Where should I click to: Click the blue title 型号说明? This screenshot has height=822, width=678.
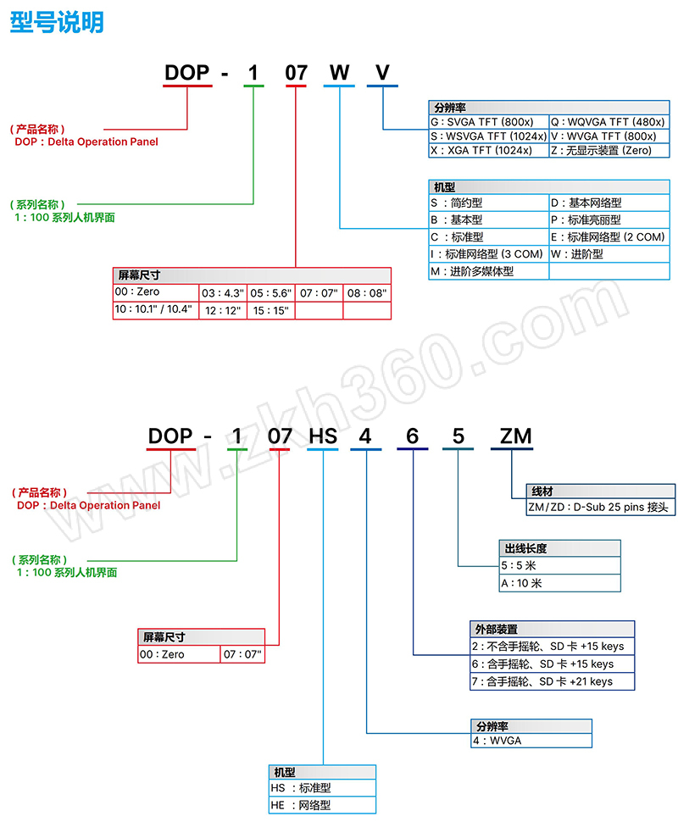pos(57,22)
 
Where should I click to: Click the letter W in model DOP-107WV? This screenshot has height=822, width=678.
pos(339,73)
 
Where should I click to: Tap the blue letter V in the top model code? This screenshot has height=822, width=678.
pos(383,73)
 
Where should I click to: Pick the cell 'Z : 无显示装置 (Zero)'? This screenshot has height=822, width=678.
pos(608,150)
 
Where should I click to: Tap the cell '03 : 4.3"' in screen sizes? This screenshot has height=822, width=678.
pos(222,293)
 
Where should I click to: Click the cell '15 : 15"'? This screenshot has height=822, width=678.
pos(270,311)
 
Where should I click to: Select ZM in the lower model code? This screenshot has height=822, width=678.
pos(514,436)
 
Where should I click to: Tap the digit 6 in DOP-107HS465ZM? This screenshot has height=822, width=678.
pos(413,436)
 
